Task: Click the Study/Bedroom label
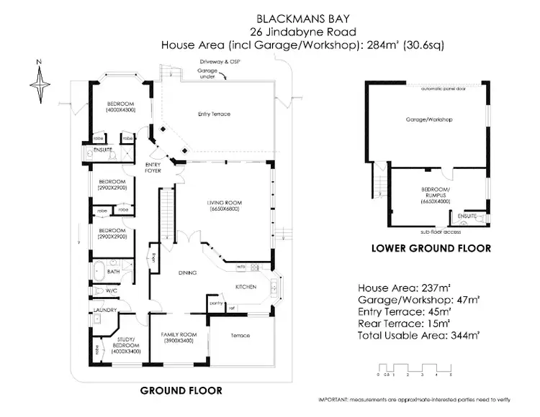[115, 346]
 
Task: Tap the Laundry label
[105, 311]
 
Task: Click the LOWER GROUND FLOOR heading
[431, 248]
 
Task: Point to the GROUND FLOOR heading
[181, 391]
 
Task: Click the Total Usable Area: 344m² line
[419, 335]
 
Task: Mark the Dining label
[187, 273]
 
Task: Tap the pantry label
[214, 303]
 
